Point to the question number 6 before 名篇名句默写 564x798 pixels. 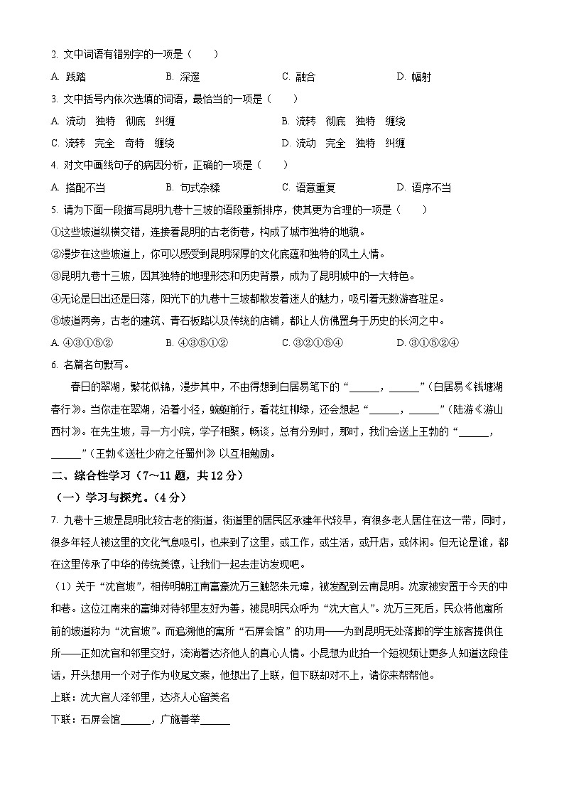[54, 365]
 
